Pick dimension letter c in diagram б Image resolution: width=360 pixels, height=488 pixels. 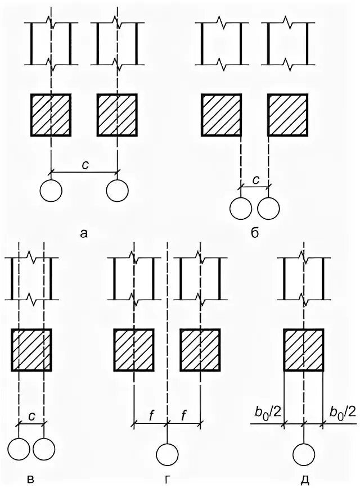255,180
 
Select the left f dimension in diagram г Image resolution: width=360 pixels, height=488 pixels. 151,417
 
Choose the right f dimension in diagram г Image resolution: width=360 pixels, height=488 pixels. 184,417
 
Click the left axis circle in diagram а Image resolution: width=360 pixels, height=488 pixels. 51,191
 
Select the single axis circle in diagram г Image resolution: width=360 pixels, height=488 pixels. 167,454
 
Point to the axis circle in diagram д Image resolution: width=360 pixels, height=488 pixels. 304,454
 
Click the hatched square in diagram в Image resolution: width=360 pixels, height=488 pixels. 31,350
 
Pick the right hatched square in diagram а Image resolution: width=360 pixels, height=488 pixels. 118,114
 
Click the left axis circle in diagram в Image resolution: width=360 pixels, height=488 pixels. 19,449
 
